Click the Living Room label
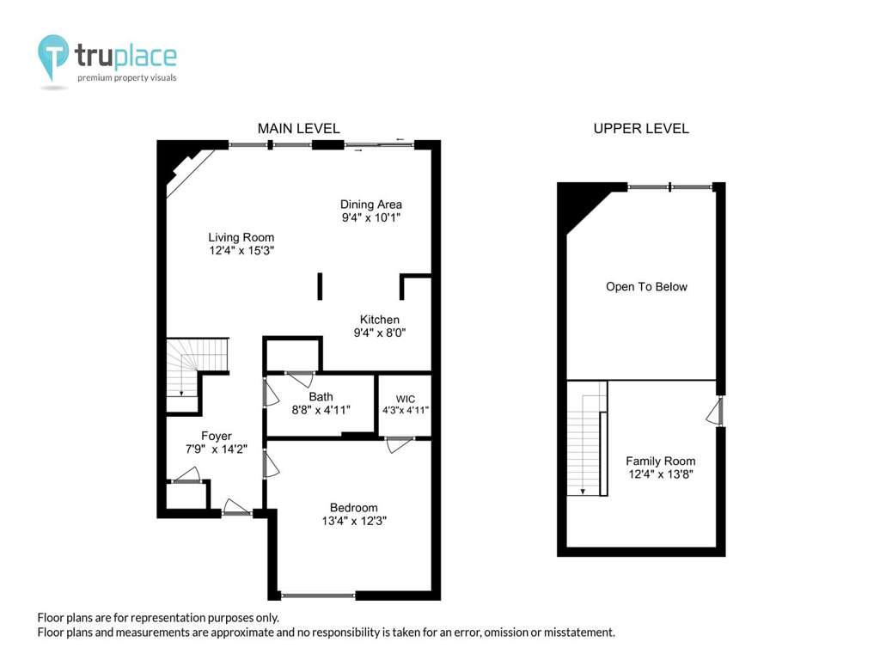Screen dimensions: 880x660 click(x=241, y=237)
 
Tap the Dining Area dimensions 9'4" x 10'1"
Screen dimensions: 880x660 click(x=371, y=217)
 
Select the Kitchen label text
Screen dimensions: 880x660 click(x=379, y=320)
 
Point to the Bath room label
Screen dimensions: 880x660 click(x=321, y=397)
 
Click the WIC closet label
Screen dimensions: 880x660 click(x=406, y=399)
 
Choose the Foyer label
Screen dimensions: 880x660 click(x=216, y=436)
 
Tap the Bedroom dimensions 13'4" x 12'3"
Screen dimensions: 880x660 click(x=354, y=521)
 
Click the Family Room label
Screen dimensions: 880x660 click(x=661, y=461)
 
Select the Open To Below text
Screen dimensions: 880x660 click(x=646, y=287)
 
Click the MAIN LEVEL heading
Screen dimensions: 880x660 click(x=298, y=129)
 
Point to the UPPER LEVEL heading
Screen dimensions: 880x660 click(x=641, y=129)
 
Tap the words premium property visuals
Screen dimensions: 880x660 click(x=127, y=77)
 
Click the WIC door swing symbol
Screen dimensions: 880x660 click(x=399, y=445)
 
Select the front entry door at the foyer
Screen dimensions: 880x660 click(x=236, y=507)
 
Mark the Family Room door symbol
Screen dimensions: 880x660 click(x=714, y=412)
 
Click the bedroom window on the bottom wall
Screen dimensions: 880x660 click(x=318, y=596)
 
